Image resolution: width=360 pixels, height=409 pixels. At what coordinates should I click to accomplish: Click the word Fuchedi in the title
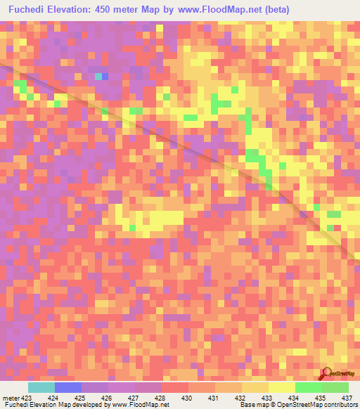[30, 10]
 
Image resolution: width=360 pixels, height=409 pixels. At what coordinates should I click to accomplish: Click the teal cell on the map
[98, 76]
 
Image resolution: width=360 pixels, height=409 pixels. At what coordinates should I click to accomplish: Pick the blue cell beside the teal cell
[105, 76]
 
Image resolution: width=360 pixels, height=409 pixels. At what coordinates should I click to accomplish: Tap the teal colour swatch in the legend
[41, 387]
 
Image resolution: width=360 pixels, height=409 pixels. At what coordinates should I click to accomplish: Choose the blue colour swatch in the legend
[68, 387]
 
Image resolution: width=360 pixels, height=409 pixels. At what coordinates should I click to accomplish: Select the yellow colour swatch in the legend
[282, 387]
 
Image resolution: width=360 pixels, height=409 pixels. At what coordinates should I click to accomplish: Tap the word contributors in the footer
[339, 405]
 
